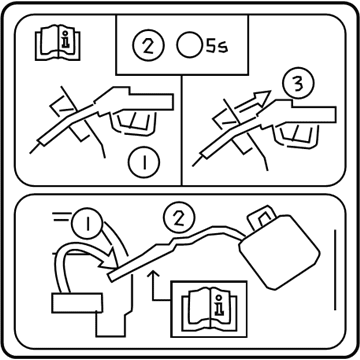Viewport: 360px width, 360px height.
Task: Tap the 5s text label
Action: tap(216, 46)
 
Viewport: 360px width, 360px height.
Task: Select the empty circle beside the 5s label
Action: tap(190, 45)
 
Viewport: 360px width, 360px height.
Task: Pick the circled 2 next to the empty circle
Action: tap(148, 45)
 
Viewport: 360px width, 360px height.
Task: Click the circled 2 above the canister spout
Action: tap(179, 217)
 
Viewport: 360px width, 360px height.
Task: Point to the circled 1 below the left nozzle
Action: tap(144, 162)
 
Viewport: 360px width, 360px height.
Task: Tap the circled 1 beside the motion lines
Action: tap(88, 224)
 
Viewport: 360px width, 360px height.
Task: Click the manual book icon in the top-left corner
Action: tap(58, 44)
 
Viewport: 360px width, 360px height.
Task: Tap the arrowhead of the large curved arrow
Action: tap(109, 259)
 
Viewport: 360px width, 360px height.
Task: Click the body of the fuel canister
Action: tap(280, 252)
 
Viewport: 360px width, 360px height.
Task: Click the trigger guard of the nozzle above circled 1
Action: tap(134, 124)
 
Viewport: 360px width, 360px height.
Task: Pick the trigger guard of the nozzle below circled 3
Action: tap(296, 137)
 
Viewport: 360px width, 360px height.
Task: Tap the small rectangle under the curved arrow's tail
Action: tap(77, 303)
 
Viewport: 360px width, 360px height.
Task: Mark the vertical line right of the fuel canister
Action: tap(335, 269)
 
